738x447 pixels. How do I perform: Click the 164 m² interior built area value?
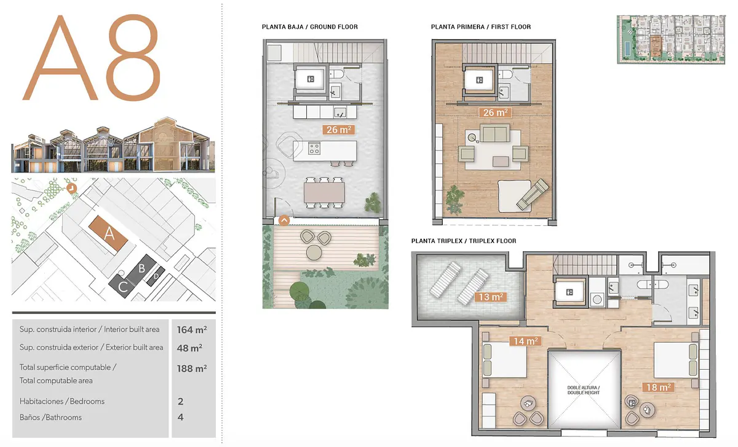point(192,330)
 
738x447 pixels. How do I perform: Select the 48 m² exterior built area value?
point(189,348)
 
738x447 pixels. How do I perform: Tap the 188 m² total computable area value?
point(192,368)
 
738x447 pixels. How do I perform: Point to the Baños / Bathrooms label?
point(50,418)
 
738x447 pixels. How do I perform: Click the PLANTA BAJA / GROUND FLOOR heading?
point(310,27)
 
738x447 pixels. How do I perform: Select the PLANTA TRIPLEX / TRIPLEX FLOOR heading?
point(464,241)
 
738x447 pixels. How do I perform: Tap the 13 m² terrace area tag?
point(491,297)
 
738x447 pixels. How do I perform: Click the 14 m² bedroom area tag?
point(525,341)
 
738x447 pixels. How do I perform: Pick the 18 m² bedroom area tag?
point(658,387)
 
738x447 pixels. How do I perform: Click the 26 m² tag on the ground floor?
point(339,130)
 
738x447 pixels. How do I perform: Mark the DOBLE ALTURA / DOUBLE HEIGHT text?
point(584,390)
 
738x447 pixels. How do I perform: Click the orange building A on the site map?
point(108,233)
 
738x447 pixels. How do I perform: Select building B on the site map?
point(142,269)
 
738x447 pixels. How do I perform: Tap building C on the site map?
point(123,286)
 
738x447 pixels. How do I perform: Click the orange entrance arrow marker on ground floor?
point(284,220)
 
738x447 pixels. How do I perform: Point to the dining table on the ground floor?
point(324,192)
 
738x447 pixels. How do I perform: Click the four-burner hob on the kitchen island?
point(314,148)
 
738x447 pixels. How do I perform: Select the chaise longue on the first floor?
point(533,195)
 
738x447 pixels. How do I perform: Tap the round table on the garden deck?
point(314,252)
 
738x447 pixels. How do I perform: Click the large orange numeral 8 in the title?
point(134,58)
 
